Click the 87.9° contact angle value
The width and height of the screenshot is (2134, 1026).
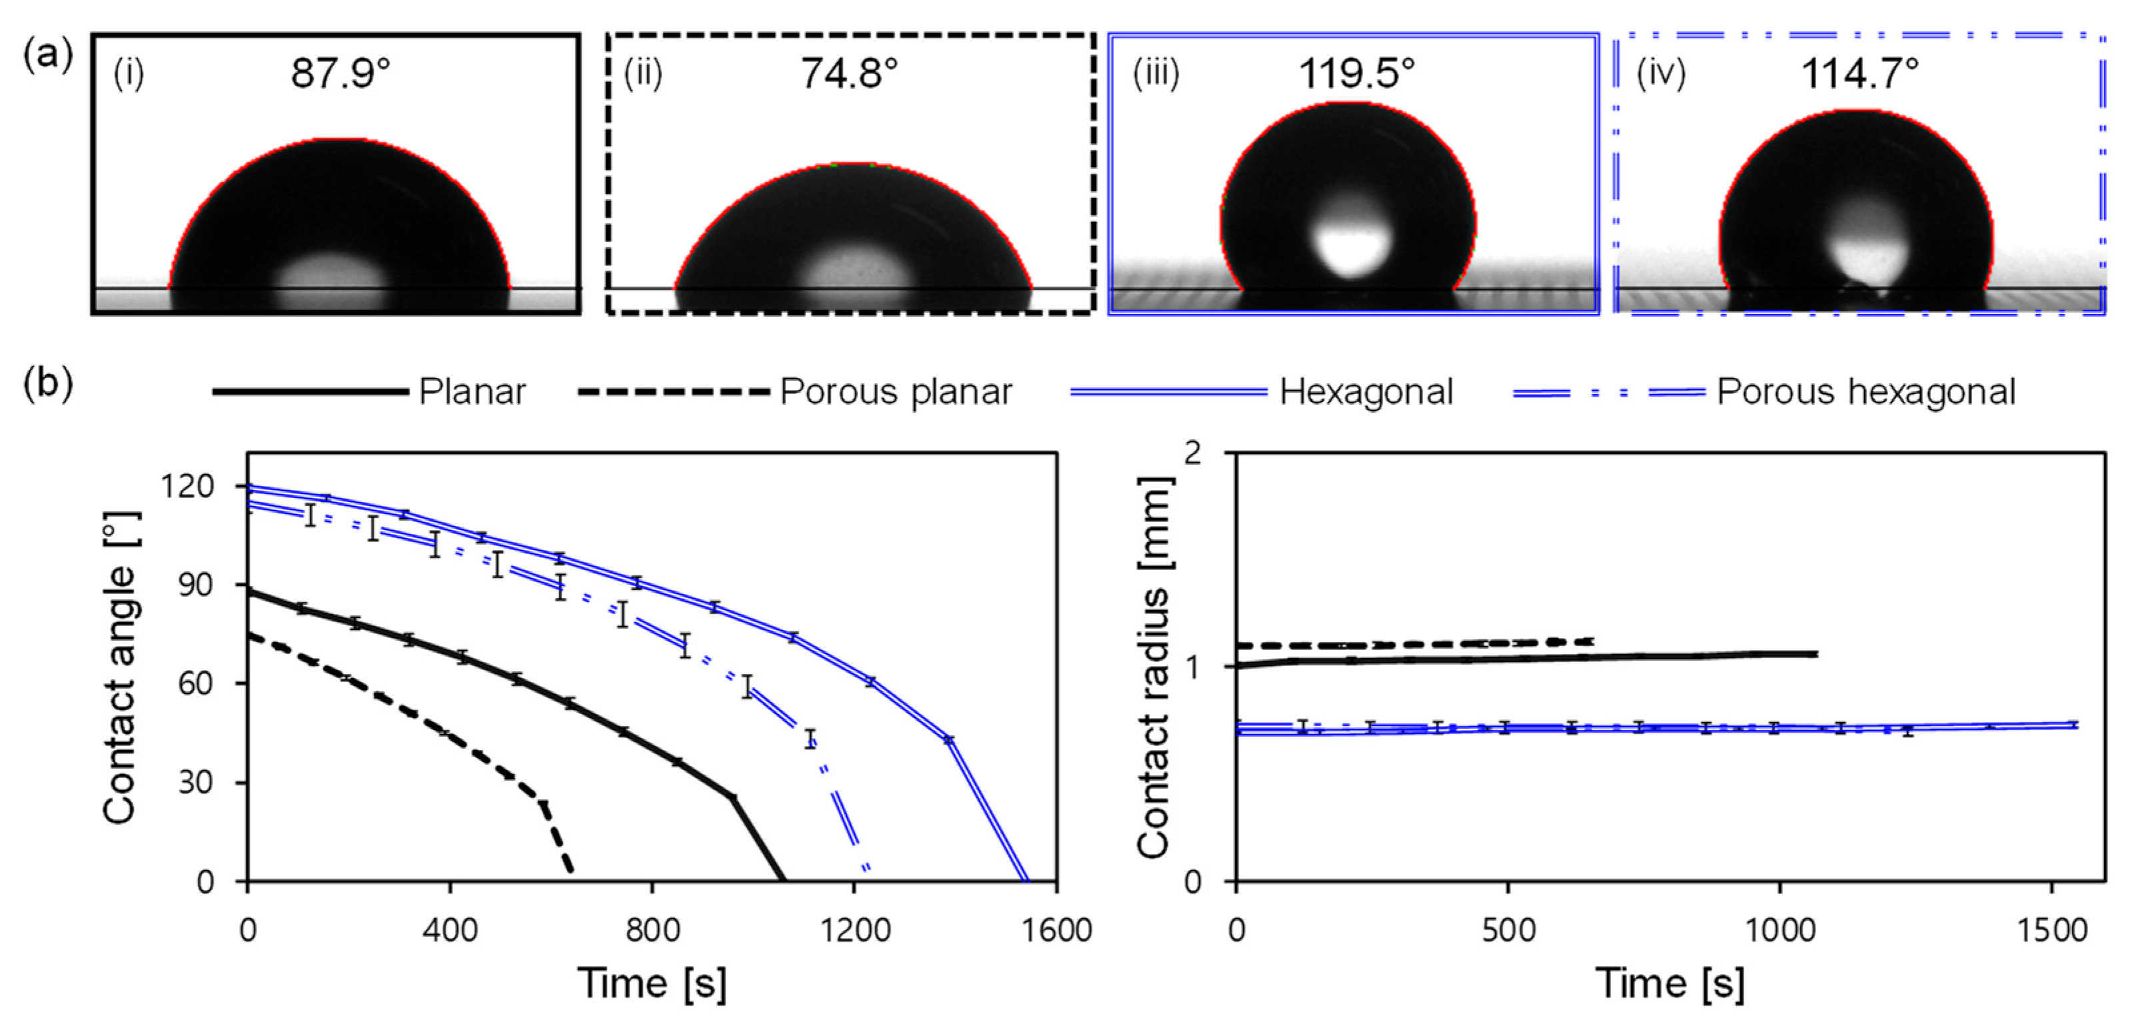(340, 74)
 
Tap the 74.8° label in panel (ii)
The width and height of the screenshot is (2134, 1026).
(848, 74)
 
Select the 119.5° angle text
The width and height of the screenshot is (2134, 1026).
(1356, 74)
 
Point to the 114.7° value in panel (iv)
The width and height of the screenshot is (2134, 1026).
(1860, 74)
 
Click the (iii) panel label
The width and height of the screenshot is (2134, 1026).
(1156, 74)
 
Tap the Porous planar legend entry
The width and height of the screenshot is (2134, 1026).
(895, 392)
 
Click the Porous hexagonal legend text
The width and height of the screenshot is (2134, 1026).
(1866, 392)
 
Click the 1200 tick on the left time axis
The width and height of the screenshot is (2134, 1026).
(854, 930)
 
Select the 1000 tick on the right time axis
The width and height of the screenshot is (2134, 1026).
(1780, 930)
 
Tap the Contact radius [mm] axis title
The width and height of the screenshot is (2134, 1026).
(1154, 668)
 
